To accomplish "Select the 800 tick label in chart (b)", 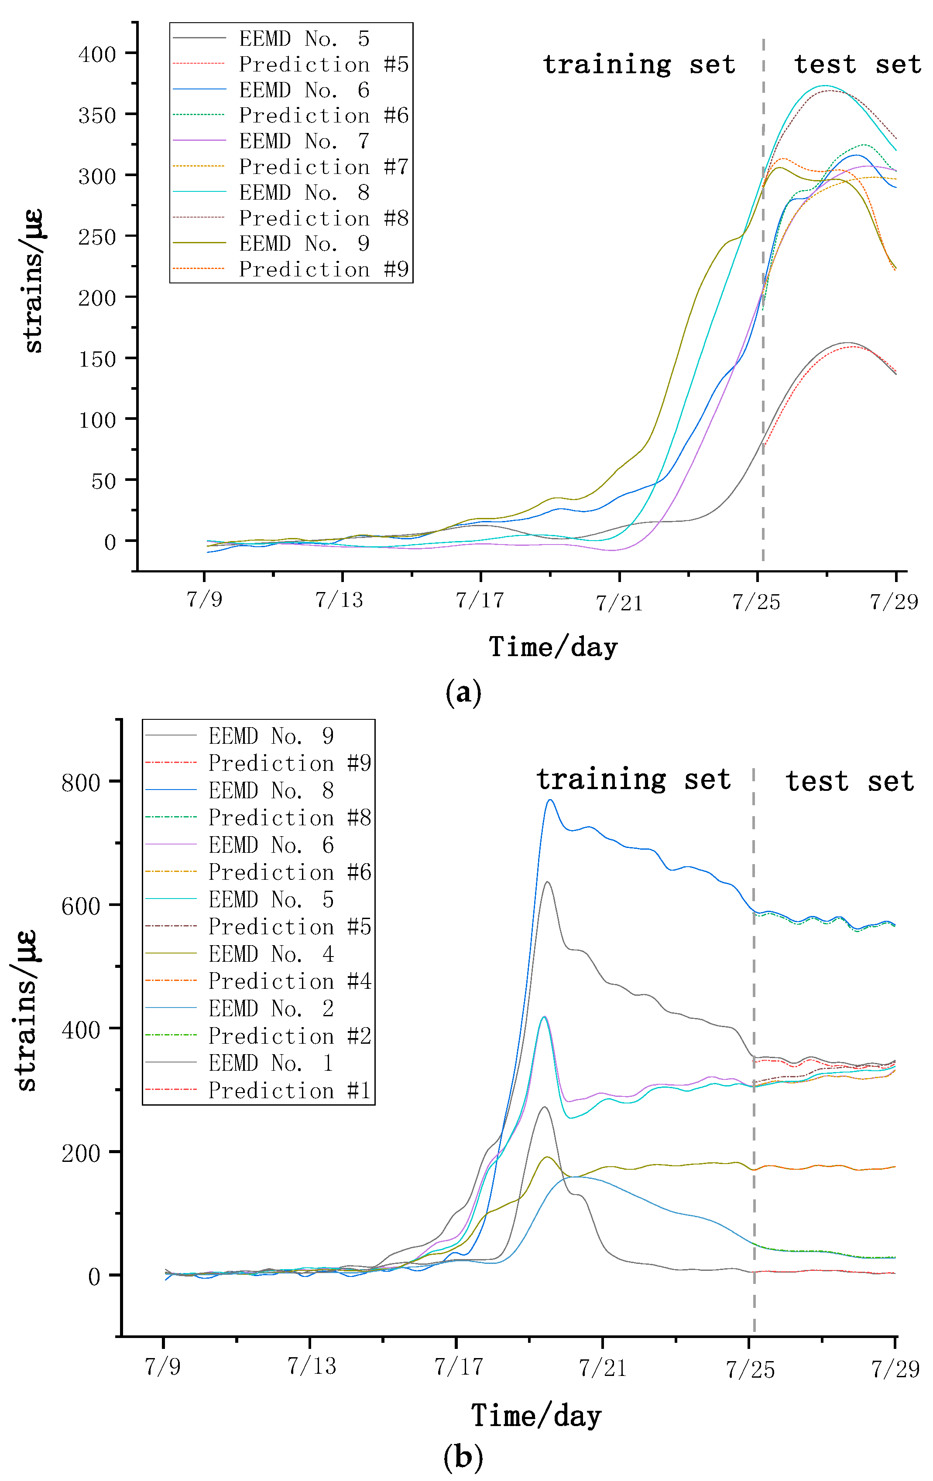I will pyautogui.click(x=81, y=783).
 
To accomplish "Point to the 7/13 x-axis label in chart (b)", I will pyautogui.click(x=312, y=1366).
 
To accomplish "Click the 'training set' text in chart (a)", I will pyautogui.click(x=639, y=64).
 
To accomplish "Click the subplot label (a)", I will pyautogui.click(x=463, y=692).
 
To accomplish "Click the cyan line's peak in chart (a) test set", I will pyautogui.click(x=825, y=85).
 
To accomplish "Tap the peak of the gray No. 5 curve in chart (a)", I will pyautogui.click(x=848, y=343).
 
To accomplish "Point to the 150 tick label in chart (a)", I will pyautogui.click(x=97, y=359).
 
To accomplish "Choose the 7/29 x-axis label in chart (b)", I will pyautogui.click(x=895, y=1369).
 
